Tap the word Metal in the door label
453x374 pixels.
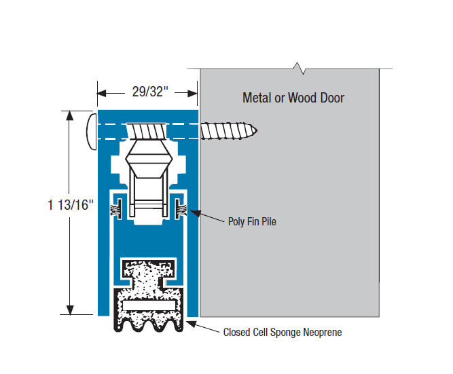click(256, 98)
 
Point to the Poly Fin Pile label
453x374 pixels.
click(252, 221)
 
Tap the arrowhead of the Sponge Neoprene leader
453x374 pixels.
click(190, 324)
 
